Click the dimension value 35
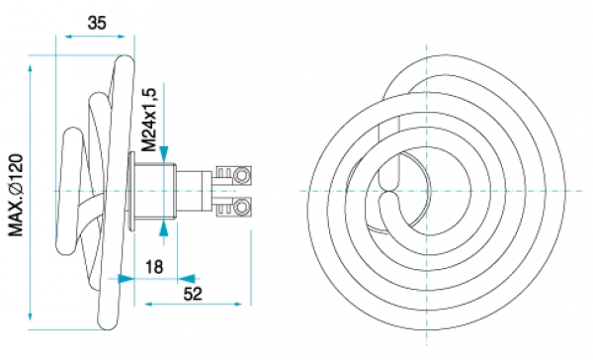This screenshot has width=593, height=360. click(97, 23)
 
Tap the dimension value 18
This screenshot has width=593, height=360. click(154, 267)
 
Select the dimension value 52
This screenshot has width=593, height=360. click(193, 294)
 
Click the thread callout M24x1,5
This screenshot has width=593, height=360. click(149, 120)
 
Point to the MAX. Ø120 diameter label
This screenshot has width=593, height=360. click(16, 195)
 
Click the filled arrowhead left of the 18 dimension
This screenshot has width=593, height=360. click(126, 279)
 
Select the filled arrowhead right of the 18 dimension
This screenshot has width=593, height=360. click(187, 279)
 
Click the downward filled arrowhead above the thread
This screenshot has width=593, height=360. click(164, 153)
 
